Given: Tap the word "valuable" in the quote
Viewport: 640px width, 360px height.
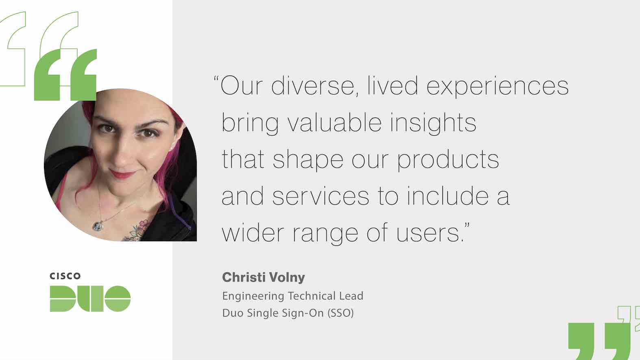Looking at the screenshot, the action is (335, 122).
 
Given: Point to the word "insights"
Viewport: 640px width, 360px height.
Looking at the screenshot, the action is (433, 124).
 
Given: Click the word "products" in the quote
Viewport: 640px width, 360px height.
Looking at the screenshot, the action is (448, 160).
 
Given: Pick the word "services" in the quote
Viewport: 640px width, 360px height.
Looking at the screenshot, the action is (320, 196).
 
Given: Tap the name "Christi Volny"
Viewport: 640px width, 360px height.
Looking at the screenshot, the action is (263, 278).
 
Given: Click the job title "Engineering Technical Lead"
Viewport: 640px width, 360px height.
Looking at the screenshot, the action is (293, 296).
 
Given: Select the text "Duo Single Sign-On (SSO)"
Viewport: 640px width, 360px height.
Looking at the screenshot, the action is (288, 313).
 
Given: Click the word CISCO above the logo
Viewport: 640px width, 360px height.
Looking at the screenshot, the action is (65, 276).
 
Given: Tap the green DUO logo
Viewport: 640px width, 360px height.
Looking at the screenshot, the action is (90, 299).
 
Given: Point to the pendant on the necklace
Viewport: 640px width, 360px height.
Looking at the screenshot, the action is (98, 226).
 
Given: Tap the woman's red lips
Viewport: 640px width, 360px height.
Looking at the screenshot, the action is (123, 174).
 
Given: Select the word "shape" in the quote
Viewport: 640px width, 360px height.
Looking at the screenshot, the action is (308, 160).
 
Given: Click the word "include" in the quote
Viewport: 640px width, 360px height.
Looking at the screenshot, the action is (448, 196).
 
